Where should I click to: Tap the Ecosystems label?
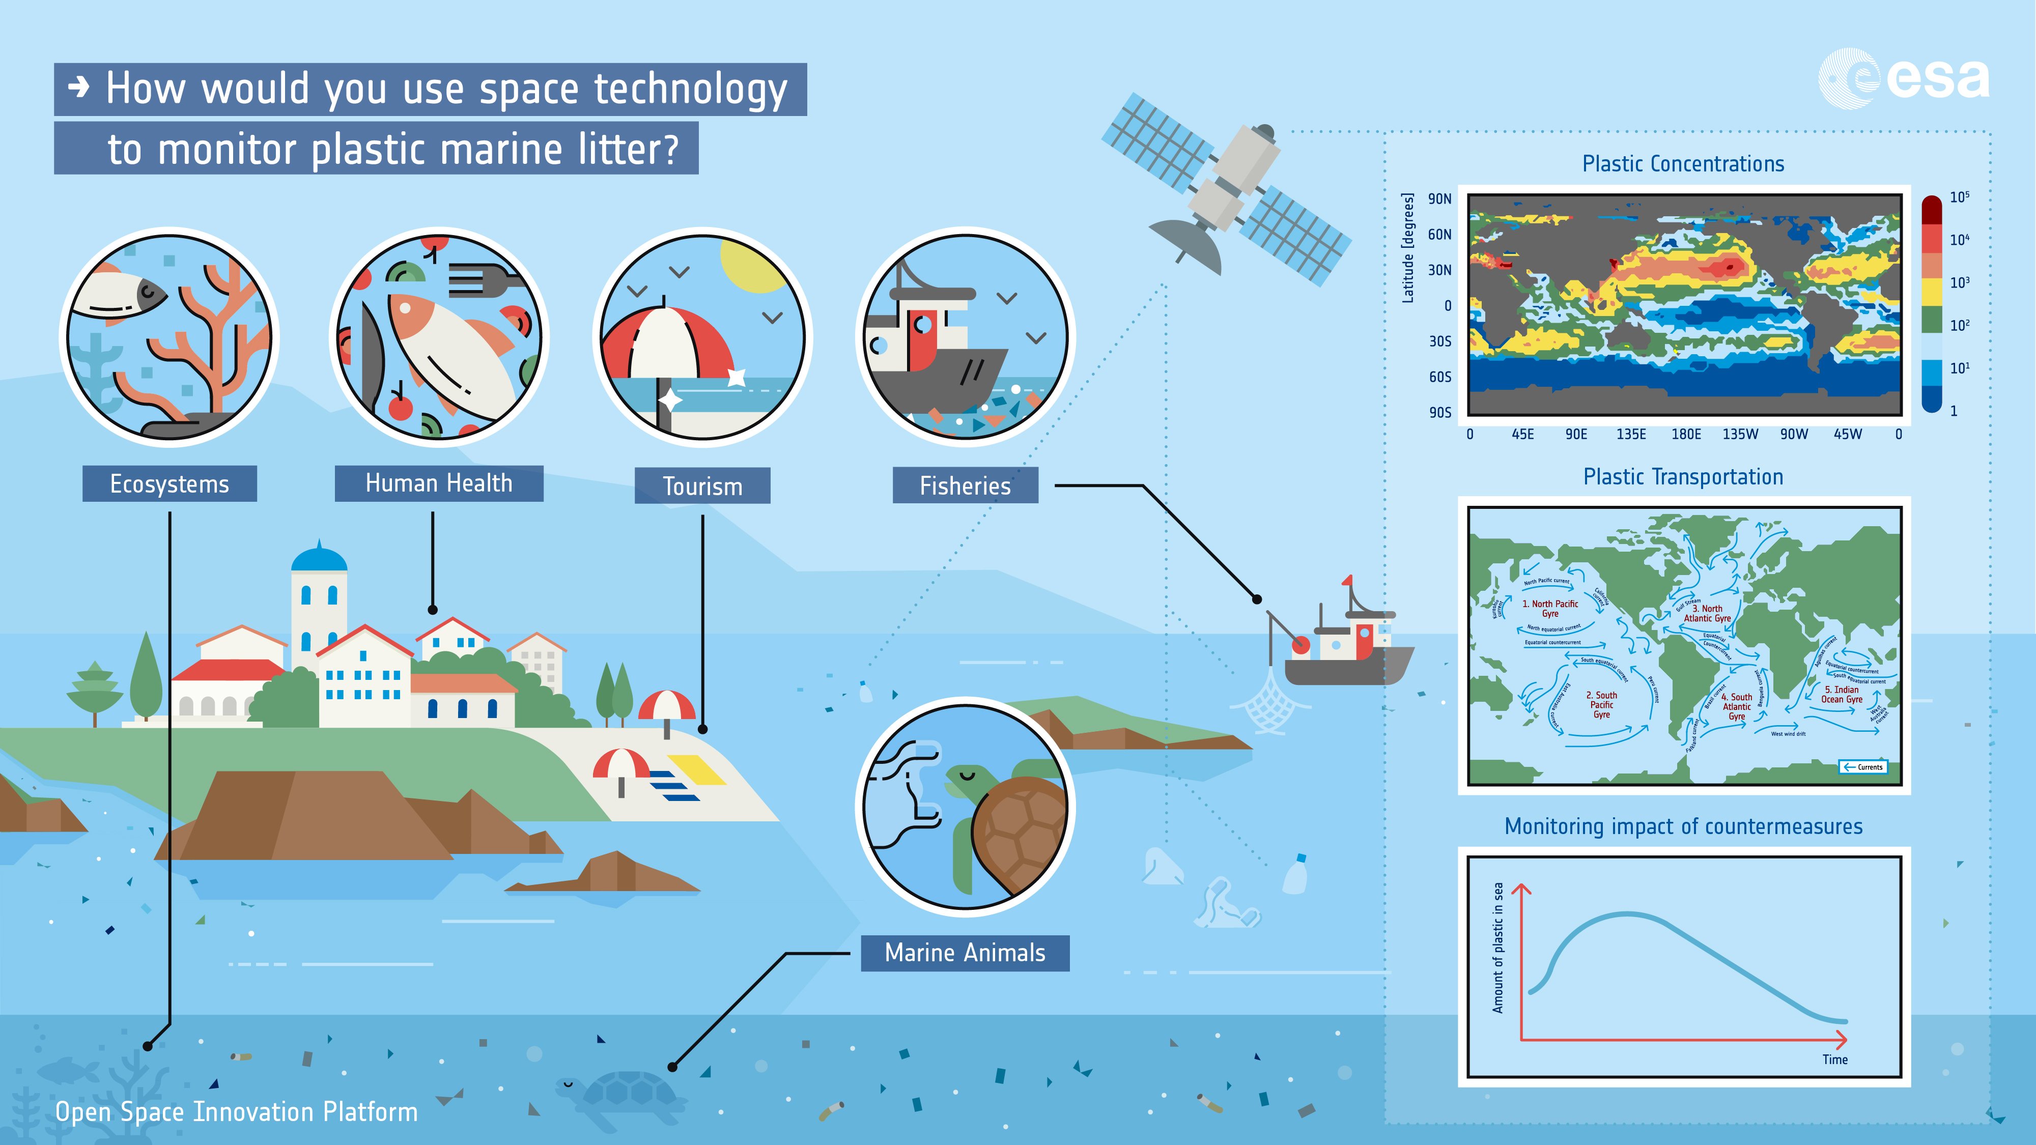pyautogui.click(x=169, y=483)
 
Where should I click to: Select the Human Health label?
pyautogui.click(x=439, y=483)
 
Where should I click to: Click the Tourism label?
pyautogui.click(x=702, y=486)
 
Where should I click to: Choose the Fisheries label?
pyautogui.click(x=965, y=485)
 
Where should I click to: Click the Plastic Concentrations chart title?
pyautogui.click(x=1683, y=163)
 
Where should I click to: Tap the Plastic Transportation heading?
pyautogui.click(x=1683, y=476)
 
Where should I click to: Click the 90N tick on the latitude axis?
pyautogui.click(x=1439, y=199)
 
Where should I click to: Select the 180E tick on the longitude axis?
pyautogui.click(x=1685, y=434)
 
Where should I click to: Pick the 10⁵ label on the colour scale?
pyautogui.click(x=1959, y=197)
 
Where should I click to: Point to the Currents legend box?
pyautogui.click(x=1863, y=766)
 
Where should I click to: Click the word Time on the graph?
pyautogui.click(x=1834, y=1060)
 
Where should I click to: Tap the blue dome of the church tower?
pyautogui.click(x=319, y=557)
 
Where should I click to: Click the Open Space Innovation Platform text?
pyautogui.click(x=236, y=1112)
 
